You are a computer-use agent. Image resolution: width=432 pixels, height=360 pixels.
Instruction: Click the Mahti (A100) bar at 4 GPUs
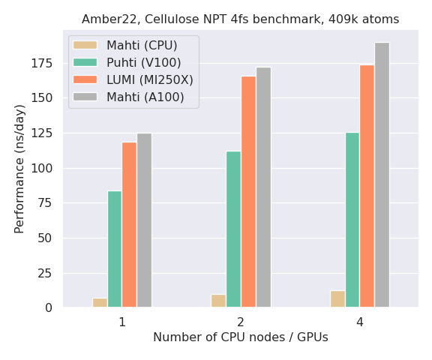click(x=382, y=175)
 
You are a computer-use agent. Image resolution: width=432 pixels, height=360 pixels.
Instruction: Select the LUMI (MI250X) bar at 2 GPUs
click(x=248, y=191)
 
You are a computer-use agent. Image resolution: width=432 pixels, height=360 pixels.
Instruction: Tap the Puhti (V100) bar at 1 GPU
click(x=115, y=249)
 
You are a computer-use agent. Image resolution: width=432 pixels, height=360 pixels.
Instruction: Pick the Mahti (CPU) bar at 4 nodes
click(x=337, y=299)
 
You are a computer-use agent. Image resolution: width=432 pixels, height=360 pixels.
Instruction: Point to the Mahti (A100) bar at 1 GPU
click(x=144, y=220)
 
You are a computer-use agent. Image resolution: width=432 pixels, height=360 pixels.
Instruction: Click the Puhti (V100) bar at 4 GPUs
click(x=352, y=220)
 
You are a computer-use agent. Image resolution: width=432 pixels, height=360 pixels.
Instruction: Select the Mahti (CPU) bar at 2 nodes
click(x=218, y=301)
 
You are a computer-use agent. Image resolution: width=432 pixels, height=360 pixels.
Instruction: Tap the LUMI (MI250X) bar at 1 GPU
click(x=129, y=224)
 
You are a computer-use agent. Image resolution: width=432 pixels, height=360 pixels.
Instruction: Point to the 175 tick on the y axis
click(x=42, y=64)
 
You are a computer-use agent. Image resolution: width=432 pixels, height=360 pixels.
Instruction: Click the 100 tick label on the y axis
click(x=42, y=168)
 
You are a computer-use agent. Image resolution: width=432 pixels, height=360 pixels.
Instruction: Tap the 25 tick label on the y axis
click(x=45, y=273)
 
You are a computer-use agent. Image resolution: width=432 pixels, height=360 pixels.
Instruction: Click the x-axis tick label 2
click(x=241, y=322)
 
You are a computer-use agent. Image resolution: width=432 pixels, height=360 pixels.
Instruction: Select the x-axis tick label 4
click(x=360, y=322)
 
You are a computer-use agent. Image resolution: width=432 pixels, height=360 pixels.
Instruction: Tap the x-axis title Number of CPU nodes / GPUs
click(x=241, y=338)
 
